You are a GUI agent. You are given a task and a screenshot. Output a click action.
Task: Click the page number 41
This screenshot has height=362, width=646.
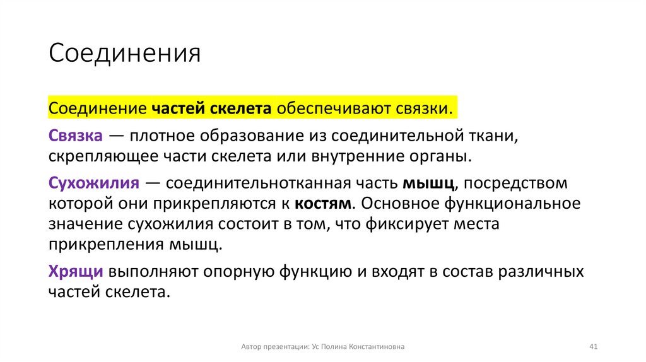[x=592, y=347]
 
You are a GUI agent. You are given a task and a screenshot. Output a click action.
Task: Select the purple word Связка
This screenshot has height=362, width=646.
[x=76, y=136]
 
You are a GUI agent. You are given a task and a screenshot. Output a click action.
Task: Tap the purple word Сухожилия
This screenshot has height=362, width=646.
[x=93, y=184]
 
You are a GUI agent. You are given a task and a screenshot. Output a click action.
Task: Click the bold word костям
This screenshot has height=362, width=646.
[x=321, y=204]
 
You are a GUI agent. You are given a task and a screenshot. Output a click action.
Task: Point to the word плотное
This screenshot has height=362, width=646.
[x=162, y=136]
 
